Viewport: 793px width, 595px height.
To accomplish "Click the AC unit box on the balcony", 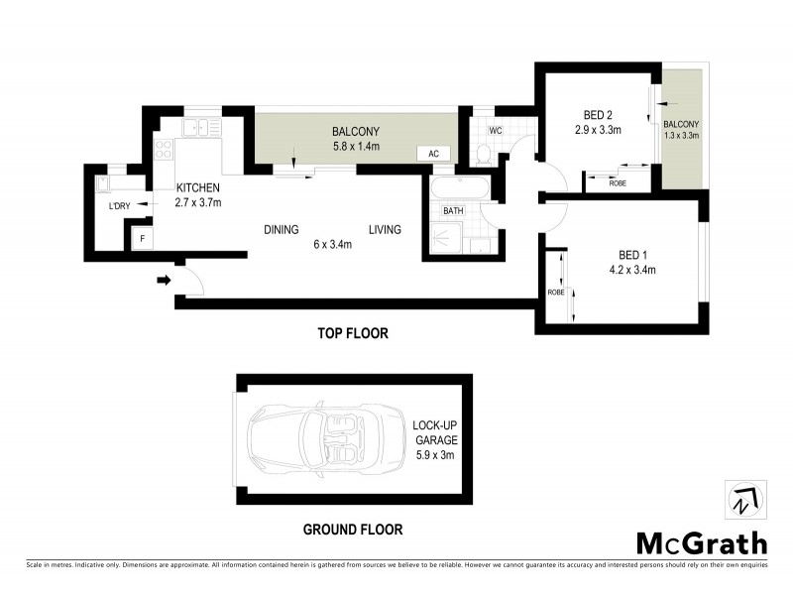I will point(434,154).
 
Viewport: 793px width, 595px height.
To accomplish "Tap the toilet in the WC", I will point(483,154).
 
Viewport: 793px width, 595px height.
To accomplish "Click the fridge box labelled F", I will point(142,239).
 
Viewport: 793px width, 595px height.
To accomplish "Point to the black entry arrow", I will point(163,281).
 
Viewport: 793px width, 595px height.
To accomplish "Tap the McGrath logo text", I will point(701,542).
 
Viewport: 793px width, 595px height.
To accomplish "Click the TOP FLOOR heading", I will point(352,334).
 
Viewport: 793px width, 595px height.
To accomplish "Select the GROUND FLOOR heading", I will point(353,530).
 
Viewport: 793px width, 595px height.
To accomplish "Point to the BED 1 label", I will point(629,254).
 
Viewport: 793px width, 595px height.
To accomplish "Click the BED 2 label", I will point(597,114).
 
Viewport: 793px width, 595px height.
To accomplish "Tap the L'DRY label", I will point(119,206).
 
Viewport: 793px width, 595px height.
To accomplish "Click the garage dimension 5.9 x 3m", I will point(433,454).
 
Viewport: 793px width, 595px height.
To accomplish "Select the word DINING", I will point(282,230).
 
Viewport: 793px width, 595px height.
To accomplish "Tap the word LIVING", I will point(385,230).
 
